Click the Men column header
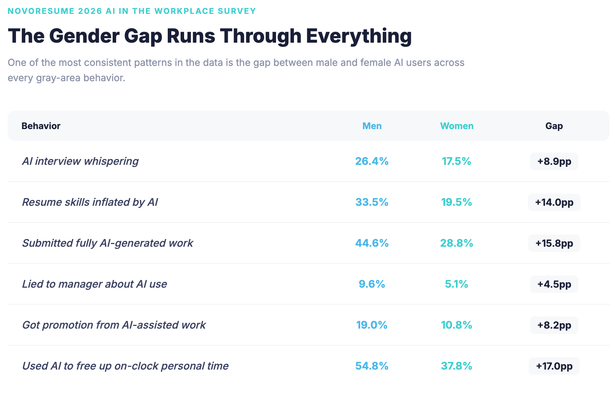tap(372, 126)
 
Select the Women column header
tap(457, 126)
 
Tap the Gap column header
tap(554, 126)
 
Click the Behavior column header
tap(41, 126)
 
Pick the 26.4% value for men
tap(372, 161)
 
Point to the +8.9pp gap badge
tap(554, 161)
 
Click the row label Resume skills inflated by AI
tap(90, 202)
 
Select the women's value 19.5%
tap(456, 202)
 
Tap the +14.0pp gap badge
tap(554, 202)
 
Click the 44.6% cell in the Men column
tap(372, 243)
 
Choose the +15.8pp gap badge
tap(554, 243)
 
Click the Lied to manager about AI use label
tap(94, 284)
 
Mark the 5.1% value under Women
tap(456, 284)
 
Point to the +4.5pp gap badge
tap(554, 284)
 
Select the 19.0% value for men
tap(372, 325)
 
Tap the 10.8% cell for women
tap(456, 325)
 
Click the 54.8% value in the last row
tap(372, 366)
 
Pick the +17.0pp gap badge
tap(554, 366)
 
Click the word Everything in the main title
tap(358, 36)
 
